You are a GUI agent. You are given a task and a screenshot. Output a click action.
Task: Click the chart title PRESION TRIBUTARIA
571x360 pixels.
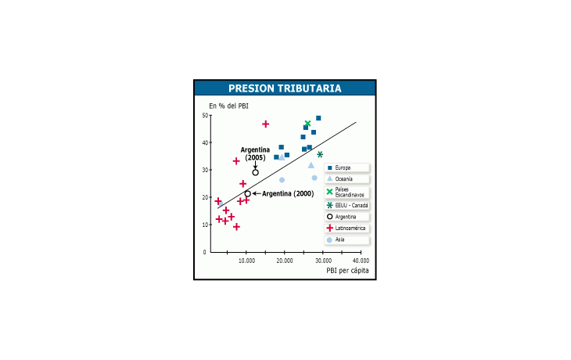[285, 88]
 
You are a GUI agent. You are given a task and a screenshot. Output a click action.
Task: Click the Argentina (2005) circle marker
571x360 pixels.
[255, 172]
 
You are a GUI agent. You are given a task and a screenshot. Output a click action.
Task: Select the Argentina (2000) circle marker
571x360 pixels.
[248, 194]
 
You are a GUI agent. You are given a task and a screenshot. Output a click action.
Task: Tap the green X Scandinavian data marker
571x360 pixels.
[307, 124]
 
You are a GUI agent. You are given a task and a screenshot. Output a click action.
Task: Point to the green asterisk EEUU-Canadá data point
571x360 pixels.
[320, 154]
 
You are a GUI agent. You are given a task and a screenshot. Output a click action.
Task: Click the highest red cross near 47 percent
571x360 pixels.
[265, 124]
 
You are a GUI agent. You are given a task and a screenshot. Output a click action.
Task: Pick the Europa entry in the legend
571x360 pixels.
[347, 167]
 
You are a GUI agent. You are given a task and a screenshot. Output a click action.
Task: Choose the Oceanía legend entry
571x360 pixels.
[347, 179]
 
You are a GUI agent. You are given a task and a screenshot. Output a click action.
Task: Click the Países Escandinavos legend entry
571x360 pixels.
[347, 192]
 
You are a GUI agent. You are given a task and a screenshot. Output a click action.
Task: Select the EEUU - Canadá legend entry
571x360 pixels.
[347, 206]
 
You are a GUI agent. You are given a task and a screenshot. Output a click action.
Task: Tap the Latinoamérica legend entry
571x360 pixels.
[347, 228]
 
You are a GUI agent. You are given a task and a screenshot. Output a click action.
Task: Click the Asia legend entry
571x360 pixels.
[347, 239]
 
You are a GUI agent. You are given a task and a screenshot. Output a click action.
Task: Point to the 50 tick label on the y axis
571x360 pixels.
[205, 116]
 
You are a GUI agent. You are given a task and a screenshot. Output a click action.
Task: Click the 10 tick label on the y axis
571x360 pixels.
[205, 225]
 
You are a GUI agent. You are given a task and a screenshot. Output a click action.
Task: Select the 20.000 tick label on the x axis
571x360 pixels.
[285, 261]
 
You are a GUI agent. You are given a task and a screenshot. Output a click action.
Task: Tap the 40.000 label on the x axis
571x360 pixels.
[361, 261]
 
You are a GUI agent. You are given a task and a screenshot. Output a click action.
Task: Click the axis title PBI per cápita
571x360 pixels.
[347, 270]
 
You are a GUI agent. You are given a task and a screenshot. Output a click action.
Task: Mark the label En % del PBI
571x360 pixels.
[228, 106]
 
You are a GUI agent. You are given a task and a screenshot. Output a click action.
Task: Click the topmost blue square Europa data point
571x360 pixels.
[318, 118]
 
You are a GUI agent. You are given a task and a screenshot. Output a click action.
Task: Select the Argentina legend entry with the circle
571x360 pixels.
[347, 217]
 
